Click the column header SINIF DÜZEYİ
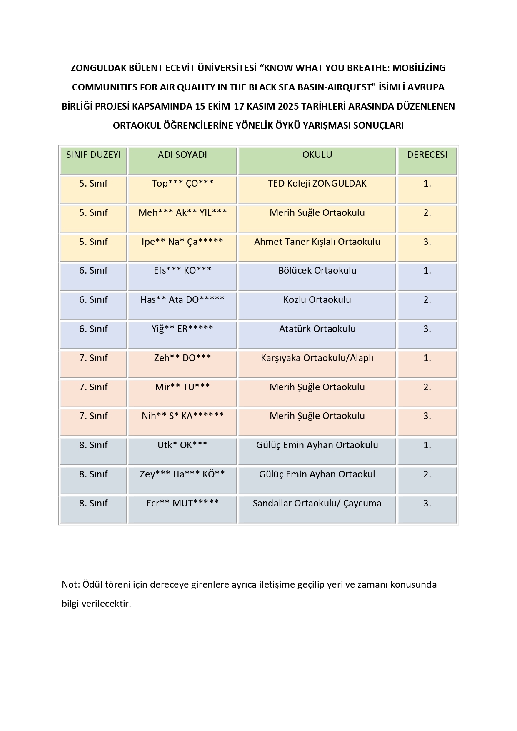click(93, 155)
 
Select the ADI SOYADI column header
click(182, 155)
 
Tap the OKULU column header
click(317, 155)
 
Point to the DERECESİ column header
click(427, 155)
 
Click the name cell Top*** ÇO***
click(182, 184)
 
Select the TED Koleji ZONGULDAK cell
click(317, 184)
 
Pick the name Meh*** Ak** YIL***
click(182, 213)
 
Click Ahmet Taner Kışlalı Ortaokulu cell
click(317, 242)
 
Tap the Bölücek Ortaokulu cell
click(317, 271)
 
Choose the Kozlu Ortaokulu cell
click(317, 300)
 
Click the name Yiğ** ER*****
click(182, 329)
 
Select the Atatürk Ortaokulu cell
click(317, 329)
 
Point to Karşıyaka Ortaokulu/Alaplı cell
click(317, 358)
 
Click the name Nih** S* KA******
click(182, 416)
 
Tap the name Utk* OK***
click(182, 445)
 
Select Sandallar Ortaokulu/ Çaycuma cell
click(317, 504)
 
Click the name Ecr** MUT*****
click(182, 504)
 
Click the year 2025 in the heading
click(288, 107)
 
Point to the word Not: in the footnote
click(70, 585)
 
